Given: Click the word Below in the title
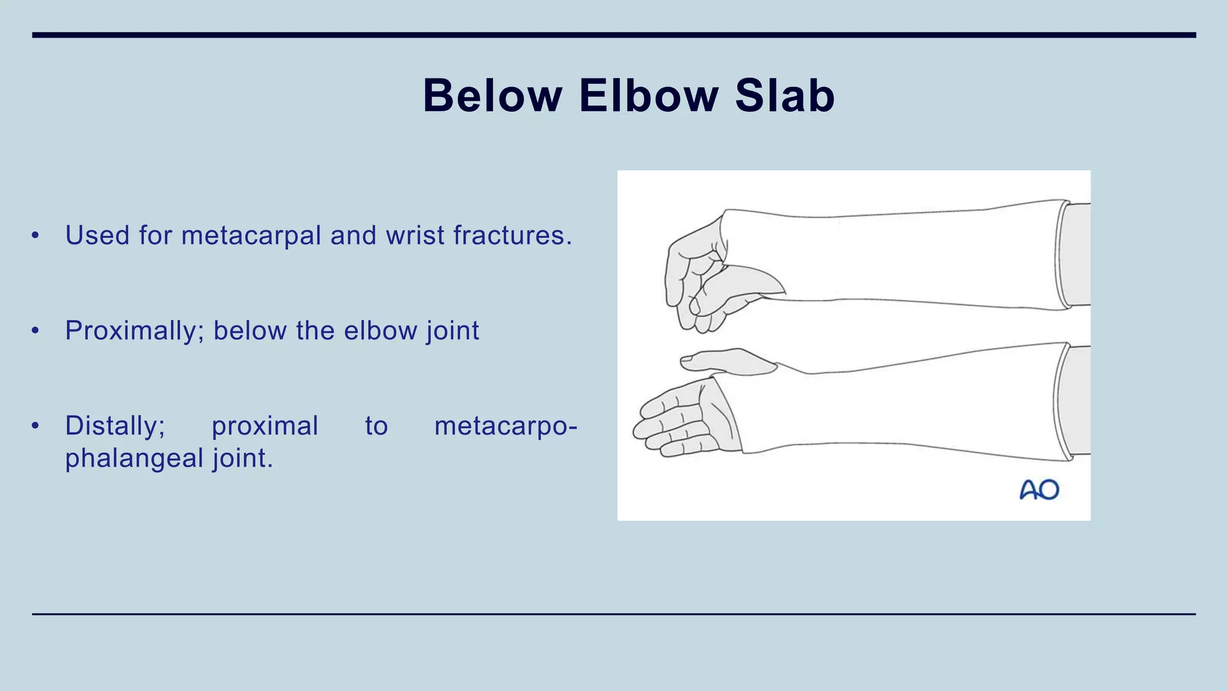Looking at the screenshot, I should [x=492, y=96].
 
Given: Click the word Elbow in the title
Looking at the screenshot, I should [x=648, y=96].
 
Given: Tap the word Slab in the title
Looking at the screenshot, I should [x=784, y=96].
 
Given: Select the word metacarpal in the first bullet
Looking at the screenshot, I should [x=251, y=235].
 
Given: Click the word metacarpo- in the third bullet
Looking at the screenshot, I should [x=505, y=426].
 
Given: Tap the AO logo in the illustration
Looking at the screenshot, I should [x=1039, y=490].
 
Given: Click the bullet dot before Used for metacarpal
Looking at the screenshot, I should [x=35, y=235].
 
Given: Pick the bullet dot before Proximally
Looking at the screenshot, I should [x=35, y=331].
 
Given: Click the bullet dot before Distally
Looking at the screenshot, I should [x=35, y=426].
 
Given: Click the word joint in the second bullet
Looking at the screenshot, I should [x=453, y=331].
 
